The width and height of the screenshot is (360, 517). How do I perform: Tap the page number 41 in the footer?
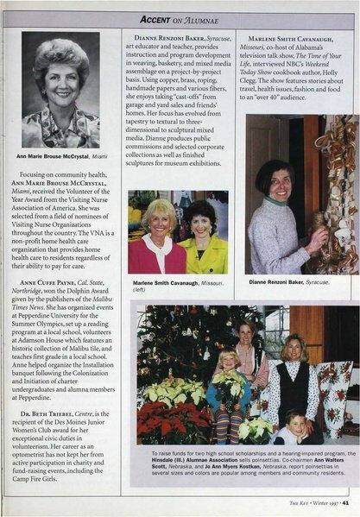pyautogui.click(x=345, y=501)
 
